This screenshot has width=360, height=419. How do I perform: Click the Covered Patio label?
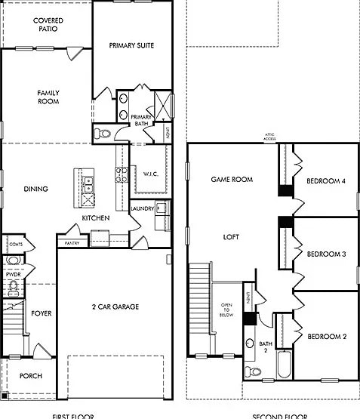(x=48, y=25)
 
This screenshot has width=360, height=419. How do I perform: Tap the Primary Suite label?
(x=131, y=46)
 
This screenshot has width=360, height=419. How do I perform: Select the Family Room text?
(x=48, y=97)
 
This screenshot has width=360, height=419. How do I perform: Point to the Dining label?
(x=35, y=189)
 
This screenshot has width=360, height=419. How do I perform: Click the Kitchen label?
(x=96, y=218)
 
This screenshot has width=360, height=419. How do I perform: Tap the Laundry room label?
(x=142, y=208)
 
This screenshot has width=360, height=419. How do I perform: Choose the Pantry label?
(x=72, y=243)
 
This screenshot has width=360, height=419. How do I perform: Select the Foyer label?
(x=42, y=313)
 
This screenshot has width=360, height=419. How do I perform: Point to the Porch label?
(x=30, y=376)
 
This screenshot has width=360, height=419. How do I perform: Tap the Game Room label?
(x=231, y=180)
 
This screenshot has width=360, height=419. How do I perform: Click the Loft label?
(x=231, y=237)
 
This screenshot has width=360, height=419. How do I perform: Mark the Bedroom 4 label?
(x=326, y=181)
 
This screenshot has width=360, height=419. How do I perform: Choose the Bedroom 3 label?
(x=326, y=254)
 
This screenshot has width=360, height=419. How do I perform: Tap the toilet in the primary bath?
(x=102, y=134)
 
